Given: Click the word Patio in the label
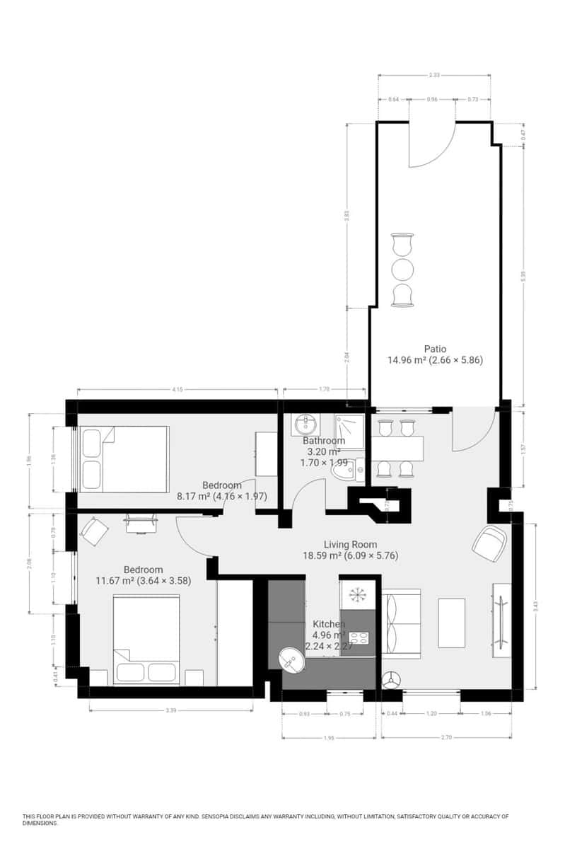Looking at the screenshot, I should [435, 349].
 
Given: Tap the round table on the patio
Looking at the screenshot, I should [402, 270].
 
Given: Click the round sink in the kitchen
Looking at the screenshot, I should [291, 661].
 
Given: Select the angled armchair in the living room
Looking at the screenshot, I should [489, 543].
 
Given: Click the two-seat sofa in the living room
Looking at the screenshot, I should [400, 623].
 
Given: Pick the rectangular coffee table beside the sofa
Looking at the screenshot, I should [451, 623].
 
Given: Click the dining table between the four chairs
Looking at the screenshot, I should [396, 448].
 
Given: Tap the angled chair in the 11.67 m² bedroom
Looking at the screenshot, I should [94, 529].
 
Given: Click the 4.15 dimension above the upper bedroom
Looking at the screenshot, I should [177, 389].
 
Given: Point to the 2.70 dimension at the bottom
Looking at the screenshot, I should [446, 737].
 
